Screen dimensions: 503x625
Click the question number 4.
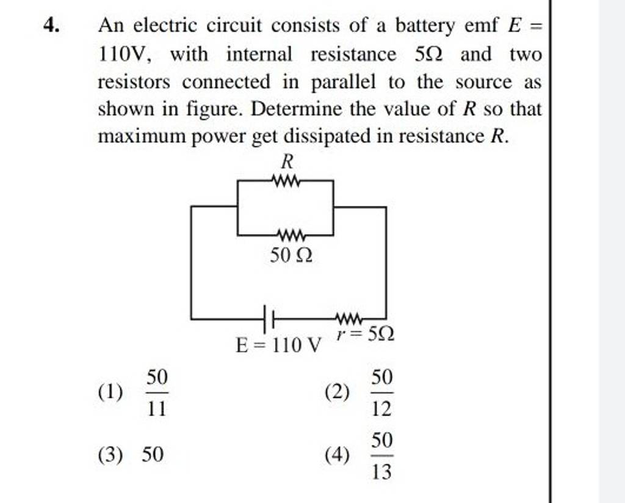52,26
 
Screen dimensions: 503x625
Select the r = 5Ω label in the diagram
365,334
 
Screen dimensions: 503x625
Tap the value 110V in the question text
122,54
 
